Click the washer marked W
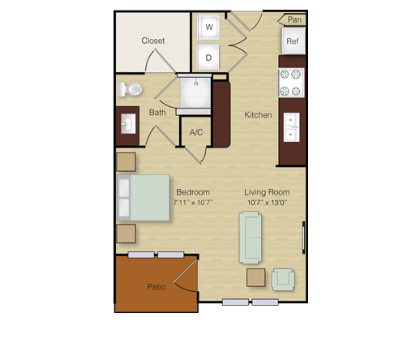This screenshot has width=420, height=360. [208, 28]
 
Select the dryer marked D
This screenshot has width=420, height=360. [208, 58]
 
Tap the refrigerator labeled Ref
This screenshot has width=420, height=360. [294, 41]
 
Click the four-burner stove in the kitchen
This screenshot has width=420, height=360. [291, 83]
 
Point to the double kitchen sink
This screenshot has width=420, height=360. [291, 127]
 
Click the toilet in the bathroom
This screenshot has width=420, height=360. [130, 89]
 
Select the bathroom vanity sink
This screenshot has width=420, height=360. [128, 124]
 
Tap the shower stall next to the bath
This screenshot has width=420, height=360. [195, 92]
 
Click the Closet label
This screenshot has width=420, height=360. [153, 41]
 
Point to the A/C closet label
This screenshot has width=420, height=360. [196, 132]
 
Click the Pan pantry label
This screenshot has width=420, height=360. [294, 19]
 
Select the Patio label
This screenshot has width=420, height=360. [156, 287]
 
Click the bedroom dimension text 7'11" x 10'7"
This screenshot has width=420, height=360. [193, 203]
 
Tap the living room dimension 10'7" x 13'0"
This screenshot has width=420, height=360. [267, 203]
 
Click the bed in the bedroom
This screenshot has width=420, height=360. [144, 198]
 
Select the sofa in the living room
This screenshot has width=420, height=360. [251, 238]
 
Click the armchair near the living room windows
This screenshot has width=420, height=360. [283, 280]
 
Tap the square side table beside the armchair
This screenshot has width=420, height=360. [255, 277]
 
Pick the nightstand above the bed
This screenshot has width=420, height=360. [126, 162]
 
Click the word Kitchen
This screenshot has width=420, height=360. [258, 115]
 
